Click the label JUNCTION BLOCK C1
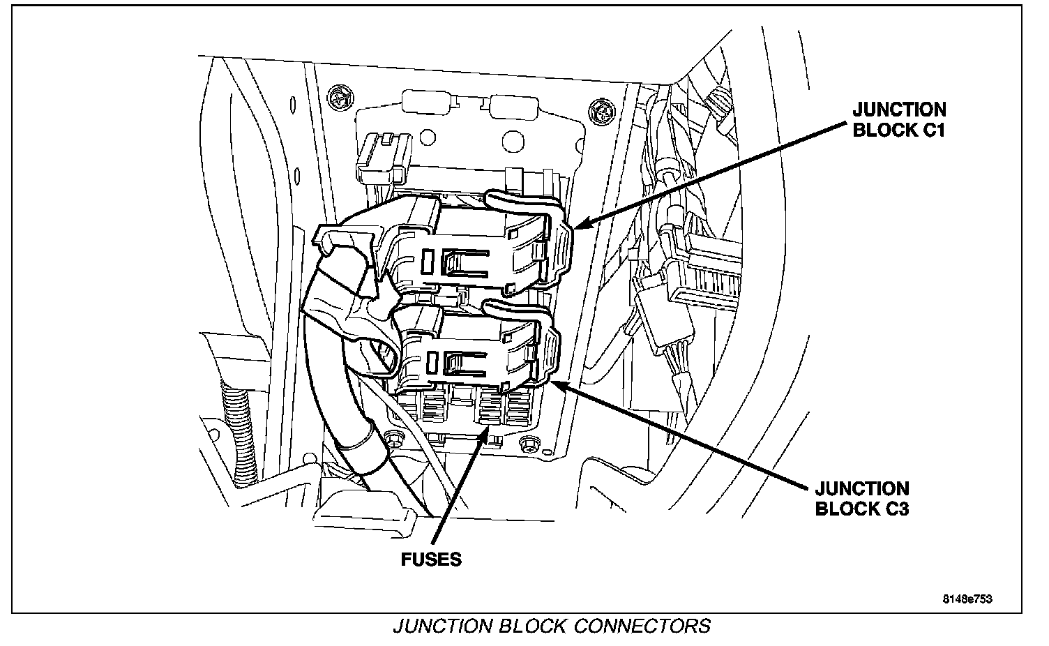(x=899, y=119)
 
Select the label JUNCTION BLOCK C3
(x=862, y=498)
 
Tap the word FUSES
(x=431, y=559)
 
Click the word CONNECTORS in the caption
(x=641, y=626)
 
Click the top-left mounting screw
(x=341, y=98)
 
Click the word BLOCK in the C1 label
(x=881, y=130)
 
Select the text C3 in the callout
(x=896, y=509)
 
